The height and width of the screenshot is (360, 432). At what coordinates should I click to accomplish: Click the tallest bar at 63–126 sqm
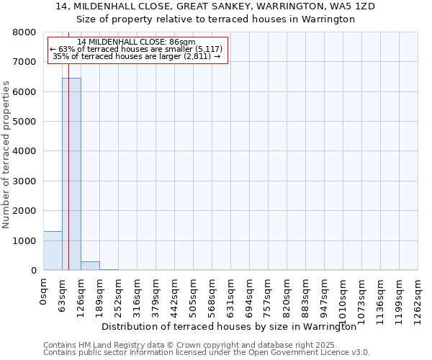click(x=71, y=174)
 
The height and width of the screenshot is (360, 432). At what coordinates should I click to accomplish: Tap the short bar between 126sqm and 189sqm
click(x=90, y=266)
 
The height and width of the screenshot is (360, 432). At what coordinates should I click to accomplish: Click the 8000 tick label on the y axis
click(x=24, y=32)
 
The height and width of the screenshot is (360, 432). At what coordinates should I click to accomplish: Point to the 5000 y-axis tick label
click(x=24, y=122)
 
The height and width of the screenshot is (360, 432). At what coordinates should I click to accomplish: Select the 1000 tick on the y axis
click(x=24, y=241)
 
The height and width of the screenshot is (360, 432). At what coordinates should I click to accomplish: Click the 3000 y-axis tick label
click(x=24, y=181)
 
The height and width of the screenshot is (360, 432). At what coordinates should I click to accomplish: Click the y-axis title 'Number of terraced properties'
click(x=6, y=155)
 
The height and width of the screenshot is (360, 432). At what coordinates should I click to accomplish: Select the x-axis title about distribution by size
click(x=229, y=326)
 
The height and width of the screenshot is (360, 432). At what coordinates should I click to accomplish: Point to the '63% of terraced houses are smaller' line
click(x=137, y=49)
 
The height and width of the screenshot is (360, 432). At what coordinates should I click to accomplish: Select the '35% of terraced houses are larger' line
click(x=137, y=56)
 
